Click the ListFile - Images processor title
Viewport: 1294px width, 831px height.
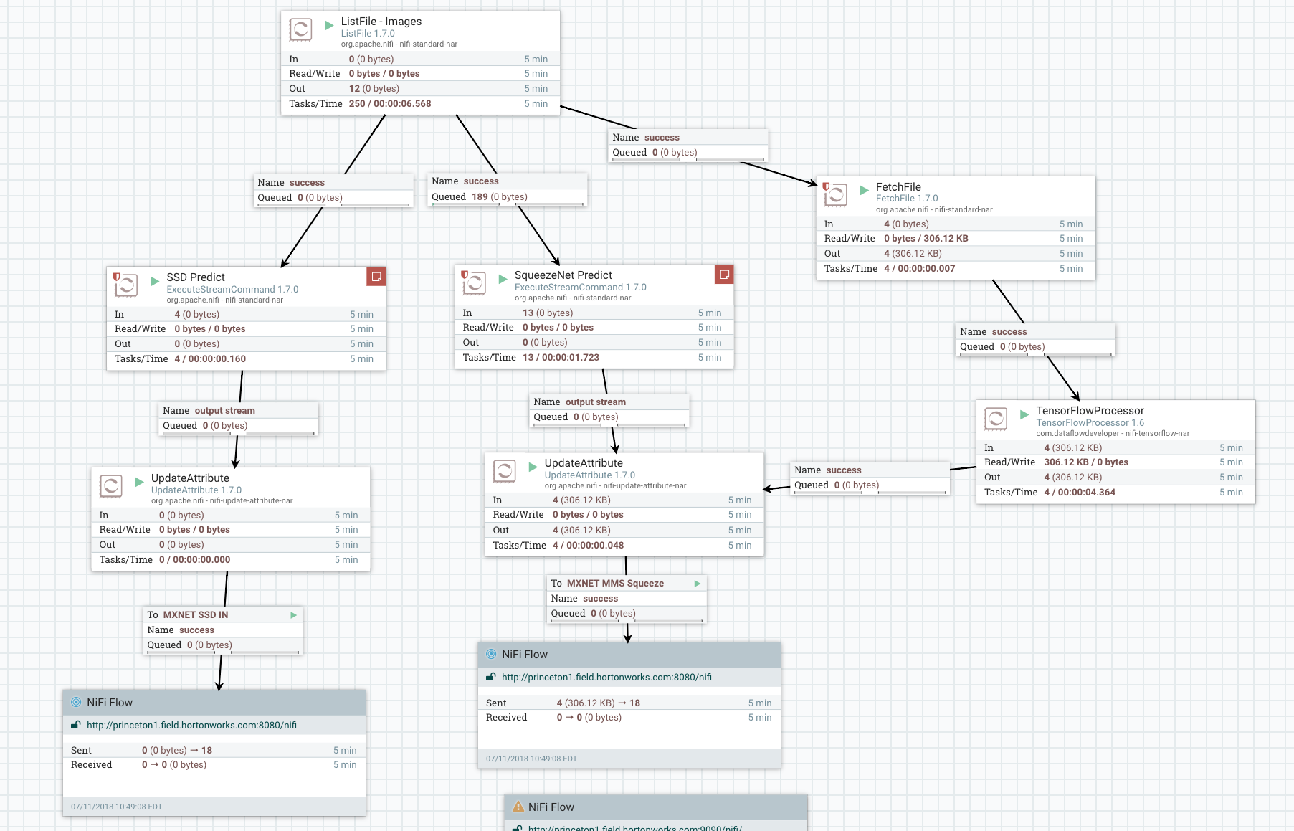click(381, 22)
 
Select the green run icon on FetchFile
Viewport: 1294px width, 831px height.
click(864, 190)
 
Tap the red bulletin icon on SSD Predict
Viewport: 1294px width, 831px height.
click(376, 276)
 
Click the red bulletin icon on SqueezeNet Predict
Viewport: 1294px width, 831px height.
click(724, 275)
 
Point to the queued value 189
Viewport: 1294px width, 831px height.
click(480, 196)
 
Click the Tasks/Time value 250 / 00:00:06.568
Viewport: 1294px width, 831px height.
click(390, 103)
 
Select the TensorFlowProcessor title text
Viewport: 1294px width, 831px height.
click(1090, 411)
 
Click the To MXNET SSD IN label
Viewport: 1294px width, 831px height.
click(188, 614)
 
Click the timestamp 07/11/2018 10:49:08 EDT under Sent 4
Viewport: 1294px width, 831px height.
click(531, 759)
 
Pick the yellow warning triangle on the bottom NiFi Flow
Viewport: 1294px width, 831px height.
click(518, 807)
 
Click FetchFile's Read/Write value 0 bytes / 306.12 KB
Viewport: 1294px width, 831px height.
click(926, 238)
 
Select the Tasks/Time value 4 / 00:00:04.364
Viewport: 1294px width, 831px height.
click(1079, 492)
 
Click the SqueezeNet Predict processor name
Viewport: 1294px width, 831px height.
click(563, 275)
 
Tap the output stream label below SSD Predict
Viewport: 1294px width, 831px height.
click(224, 410)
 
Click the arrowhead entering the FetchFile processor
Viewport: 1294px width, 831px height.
click(813, 184)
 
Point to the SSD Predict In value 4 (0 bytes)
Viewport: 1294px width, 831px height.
click(196, 314)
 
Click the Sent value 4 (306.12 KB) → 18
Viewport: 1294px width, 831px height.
click(598, 703)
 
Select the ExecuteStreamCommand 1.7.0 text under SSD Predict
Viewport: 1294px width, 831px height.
click(232, 289)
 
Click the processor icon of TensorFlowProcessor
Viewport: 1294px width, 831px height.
click(996, 419)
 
